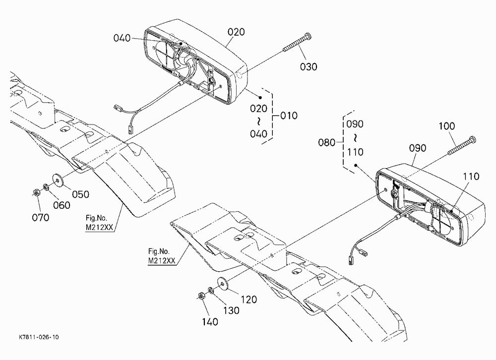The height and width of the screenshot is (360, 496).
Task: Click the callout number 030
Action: click(309, 67)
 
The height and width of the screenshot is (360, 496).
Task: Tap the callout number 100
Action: click(447, 126)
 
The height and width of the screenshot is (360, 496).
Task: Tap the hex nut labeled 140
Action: click(200, 297)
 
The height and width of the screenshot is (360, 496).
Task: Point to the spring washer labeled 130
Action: click(211, 291)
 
